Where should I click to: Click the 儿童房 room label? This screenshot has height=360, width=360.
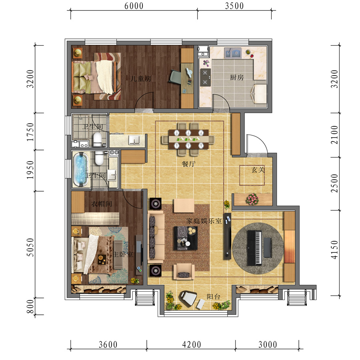click(x=141, y=79)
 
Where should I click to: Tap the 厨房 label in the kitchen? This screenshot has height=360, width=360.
click(x=237, y=77)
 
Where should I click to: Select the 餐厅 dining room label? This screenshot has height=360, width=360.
click(x=188, y=164)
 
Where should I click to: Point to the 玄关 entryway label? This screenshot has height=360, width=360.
click(x=258, y=170)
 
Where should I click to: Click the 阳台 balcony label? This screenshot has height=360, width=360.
click(x=214, y=297)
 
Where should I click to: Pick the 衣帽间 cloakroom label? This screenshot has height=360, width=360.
click(x=102, y=204)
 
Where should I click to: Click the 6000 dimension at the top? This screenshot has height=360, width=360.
click(x=134, y=6)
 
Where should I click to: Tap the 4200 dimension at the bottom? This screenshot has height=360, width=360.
click(x=192, y=344)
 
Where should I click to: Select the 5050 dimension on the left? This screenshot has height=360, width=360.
click(x=30, y=247)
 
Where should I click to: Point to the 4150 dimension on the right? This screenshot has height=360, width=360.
click(x=334, y=250)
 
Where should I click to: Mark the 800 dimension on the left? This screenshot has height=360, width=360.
click(x=30, y=306)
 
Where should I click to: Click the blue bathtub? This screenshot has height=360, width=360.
click(x=80, y=169)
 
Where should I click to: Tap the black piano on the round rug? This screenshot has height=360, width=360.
click(x=255, y=248)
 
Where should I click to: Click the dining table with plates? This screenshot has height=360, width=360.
click(x=188, y=139)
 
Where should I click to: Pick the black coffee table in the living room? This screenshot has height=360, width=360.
click(x=186, y=238)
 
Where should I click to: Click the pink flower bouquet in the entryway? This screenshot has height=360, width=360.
click(x=252, y=198)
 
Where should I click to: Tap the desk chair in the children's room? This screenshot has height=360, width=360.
click(x=175, y=76)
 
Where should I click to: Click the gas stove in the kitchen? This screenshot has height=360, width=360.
click(x=205, y=77)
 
